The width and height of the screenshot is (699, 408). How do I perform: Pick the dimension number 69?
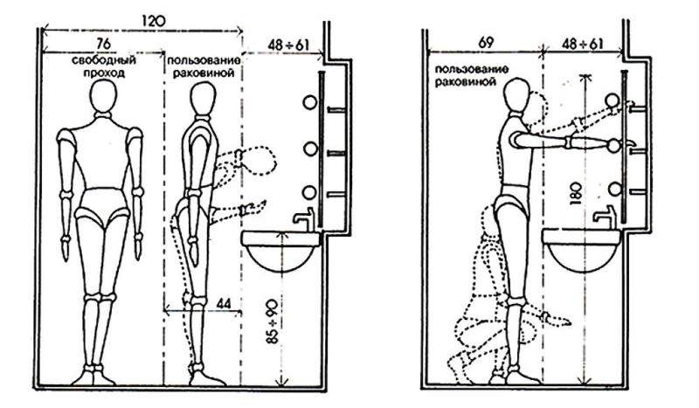485,41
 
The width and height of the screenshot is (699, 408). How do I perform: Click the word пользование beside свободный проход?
204,62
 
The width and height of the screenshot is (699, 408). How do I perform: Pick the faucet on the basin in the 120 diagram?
302,219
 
